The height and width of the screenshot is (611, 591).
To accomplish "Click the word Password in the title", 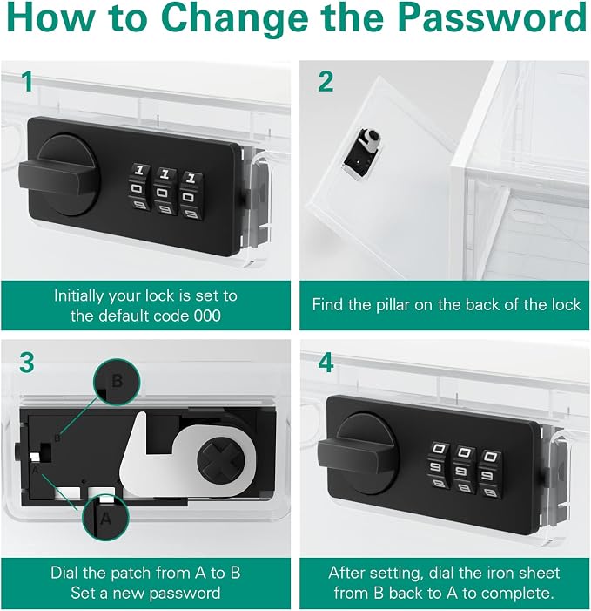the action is [x=492, y=17].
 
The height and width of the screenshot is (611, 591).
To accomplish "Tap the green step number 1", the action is [x=27, y=82].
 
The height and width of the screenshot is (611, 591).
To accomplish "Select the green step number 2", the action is [x=326, y=82].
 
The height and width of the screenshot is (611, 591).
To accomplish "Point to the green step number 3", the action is [x=27, y=363].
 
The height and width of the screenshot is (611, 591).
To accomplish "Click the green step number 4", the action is [x=326, y=363].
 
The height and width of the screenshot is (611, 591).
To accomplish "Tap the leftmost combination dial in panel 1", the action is [x=139, y=187].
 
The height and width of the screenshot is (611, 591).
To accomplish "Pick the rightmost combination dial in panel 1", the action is [x=191, y=195].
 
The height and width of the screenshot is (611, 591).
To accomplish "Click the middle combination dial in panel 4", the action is [x=464, y=471].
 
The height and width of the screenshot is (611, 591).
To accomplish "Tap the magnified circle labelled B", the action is [x=117, y=382].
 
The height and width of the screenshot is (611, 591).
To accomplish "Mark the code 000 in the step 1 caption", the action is [x=207, y=316].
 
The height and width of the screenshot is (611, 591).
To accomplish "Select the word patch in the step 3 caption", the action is [x=131, y=573].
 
